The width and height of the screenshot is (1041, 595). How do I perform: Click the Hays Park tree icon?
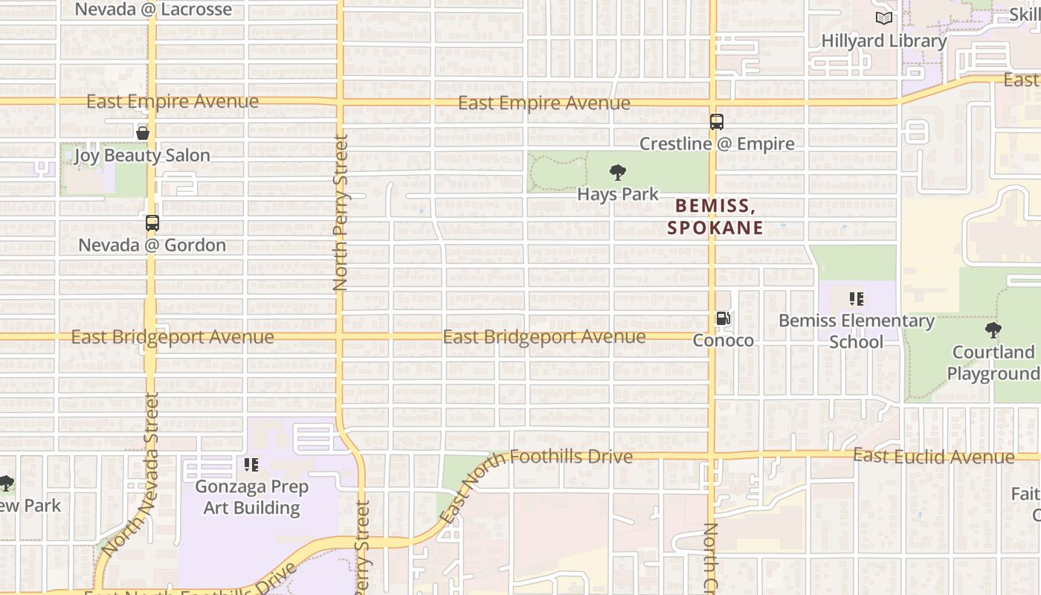(617, 173)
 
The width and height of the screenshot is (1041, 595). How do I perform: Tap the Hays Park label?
(618, 195)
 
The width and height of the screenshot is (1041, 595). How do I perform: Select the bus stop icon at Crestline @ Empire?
(717, 122)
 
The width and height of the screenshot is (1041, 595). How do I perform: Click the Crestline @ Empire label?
(717, 144)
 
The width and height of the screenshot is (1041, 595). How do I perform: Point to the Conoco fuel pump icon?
(723, 319)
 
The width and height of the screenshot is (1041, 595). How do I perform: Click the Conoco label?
(723, 341)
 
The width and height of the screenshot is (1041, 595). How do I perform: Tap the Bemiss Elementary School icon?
(856, 299)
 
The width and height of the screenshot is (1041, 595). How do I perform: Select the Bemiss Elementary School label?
(856, 331)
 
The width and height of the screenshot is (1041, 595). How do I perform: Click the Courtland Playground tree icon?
(993, 330)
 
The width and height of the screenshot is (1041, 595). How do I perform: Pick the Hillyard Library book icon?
(883, 19)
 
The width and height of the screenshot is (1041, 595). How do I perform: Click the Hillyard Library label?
(883, 41)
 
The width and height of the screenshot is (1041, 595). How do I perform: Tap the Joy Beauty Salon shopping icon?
(143, 133)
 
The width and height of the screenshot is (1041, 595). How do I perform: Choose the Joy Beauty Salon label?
(142, 155)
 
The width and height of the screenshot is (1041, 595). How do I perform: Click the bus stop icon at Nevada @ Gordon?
(152, 223)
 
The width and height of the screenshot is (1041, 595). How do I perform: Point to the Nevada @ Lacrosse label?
(154, 10)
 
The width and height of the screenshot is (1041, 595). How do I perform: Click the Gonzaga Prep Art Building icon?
(251, 465)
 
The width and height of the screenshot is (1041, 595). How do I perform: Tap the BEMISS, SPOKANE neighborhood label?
(715, 216)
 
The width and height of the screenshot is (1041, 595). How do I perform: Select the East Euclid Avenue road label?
(933, 456)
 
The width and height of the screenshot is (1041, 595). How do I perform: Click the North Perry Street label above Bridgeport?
(341, 213)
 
